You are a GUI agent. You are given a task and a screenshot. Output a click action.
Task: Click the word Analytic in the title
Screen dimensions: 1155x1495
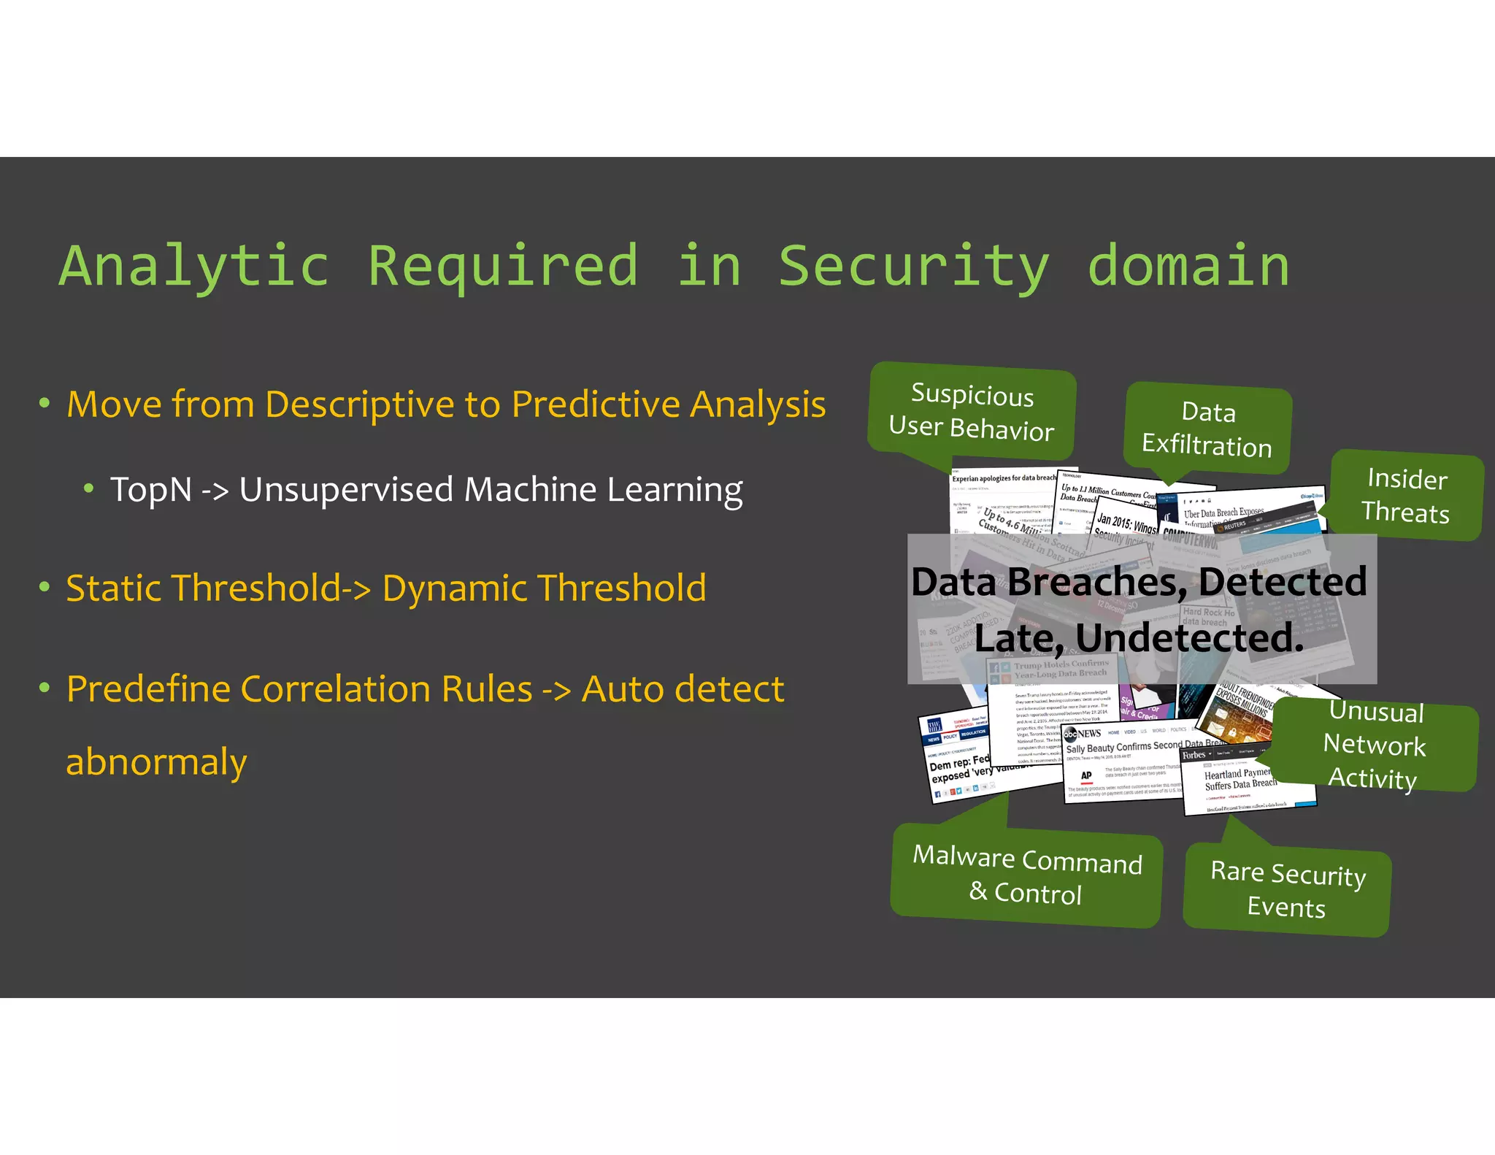pyautogui.click(x=193, y=266)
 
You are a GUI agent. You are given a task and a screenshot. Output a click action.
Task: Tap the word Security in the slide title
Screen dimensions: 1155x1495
pyautogui.click(x=913, y=266)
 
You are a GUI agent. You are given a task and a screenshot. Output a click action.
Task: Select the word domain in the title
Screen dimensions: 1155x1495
pyautogui.click(x=1188, y=266)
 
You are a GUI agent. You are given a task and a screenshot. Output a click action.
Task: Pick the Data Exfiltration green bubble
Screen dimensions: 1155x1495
pyautogui.click(x=1208, y=429)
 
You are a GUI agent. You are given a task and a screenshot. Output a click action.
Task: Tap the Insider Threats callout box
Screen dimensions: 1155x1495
pyautogui.click(x=1407, y=496)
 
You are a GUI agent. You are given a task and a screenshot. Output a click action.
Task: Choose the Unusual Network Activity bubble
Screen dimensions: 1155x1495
pyautogui.click(x=1375, y=745)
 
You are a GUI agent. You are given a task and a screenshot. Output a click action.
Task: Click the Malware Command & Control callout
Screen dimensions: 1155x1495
pyautogui.click(x=1026, y=875)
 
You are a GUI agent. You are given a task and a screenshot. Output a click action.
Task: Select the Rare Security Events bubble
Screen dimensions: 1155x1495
pyautogui.click(x=1287, y=890)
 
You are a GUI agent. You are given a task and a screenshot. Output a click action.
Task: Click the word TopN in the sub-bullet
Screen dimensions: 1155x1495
pyautogui.click(x=151, y=490)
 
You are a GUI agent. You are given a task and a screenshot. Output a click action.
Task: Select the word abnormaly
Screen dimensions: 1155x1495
pyautogui.click(x=156, y=762)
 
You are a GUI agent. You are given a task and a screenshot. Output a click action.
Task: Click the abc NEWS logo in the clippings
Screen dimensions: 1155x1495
pyautogui.click(x=1083, y=733)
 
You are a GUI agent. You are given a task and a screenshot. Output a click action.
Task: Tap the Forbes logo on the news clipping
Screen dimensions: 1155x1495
pyautogui.click(x=1194, y=755)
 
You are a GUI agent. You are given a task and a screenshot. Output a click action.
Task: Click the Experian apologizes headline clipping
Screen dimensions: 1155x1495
pyautogui.click(x=1003, y=478)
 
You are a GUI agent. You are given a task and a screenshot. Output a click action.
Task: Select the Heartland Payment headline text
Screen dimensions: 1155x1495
pyautogui.click(x=1239, y=779)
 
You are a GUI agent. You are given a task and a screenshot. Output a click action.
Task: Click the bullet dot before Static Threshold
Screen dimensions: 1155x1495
pyautogui.click(x=45, y=587)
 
